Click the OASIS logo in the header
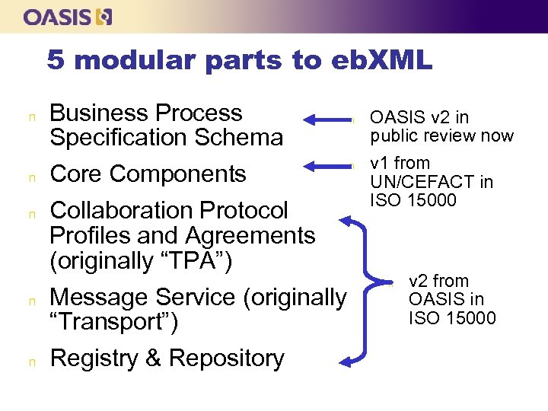[68, 17]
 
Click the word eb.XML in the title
[381, 60]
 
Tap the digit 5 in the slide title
[55, 60]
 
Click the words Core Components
[148, 174]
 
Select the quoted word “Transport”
[114, 322]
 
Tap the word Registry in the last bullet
[96, 358]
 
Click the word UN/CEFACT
[432, 182]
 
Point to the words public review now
[442, 136]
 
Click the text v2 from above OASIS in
[439, 282]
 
